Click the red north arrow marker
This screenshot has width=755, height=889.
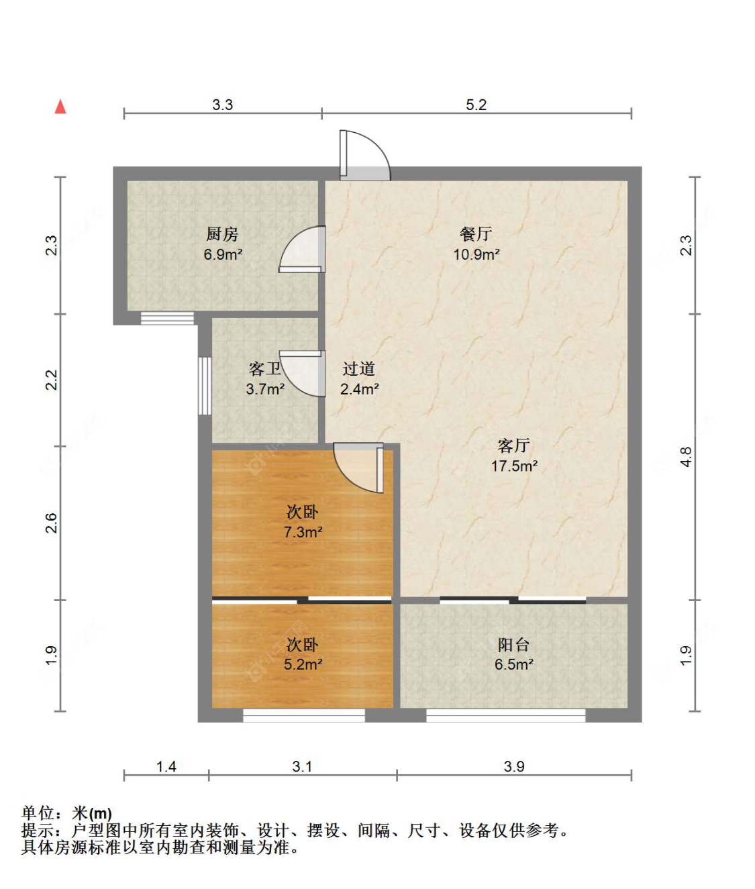(60, 107)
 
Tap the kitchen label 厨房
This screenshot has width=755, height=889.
(222, 234)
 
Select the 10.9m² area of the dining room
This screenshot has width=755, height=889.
(476, 254)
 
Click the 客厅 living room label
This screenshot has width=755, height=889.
(513, 446)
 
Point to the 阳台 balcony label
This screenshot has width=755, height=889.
(513, 645)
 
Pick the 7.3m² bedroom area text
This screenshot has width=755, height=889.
(303, 532)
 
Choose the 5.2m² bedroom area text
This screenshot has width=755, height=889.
(303, 664)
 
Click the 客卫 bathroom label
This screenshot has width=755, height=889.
(264, 369)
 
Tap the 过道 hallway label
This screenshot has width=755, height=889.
(359, 369)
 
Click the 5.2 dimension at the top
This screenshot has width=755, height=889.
(476, 105)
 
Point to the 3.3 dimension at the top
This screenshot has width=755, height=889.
(222, 105)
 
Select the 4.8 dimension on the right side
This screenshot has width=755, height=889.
(685, 457)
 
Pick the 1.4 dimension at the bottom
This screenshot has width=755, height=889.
(166, 766)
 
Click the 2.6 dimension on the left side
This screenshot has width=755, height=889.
(52, 523)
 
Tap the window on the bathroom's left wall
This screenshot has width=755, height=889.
(205, 385)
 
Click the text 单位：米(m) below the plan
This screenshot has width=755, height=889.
(66, 814)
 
